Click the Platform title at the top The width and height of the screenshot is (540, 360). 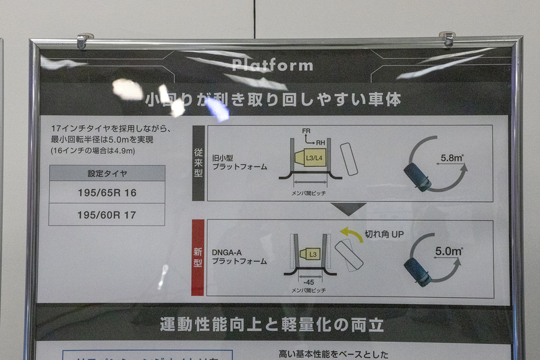(x=272, y=66)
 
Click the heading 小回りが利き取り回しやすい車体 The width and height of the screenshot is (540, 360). (x=273, y=100)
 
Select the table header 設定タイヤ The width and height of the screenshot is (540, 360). (x=107, y=174)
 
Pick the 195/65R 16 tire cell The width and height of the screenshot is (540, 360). (x=107, y=192)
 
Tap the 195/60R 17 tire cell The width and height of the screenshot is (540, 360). (x=107, y=214)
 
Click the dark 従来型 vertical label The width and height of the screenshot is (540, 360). (x=198, y=163)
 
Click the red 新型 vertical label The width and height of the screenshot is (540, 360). (x=198, y=257)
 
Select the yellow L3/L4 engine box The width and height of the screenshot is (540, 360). (x=313, y=157)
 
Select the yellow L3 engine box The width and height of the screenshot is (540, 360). (x=310, y=253)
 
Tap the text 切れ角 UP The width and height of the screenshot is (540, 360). (x=383, y=234)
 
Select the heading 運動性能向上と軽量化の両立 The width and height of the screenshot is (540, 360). (x=272, y=324)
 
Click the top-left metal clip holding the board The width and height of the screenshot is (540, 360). (x=84, y=40)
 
